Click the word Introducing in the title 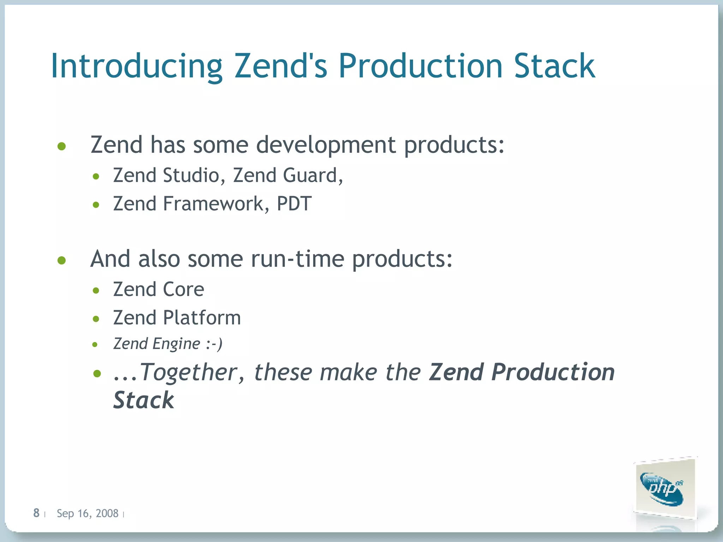[136, 66]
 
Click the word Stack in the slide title [554, 66]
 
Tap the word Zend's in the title [281, 66]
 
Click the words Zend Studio [166, 175]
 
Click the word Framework [213, 204]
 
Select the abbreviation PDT [294, 204]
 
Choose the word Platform [202, 318]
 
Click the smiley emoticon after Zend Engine [214, 344]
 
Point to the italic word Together [189, 372]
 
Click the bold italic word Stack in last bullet [143, 401]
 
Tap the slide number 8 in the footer [36, 513]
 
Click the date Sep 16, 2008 [87, 513]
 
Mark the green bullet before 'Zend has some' [62, 146]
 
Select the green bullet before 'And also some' [62, 260]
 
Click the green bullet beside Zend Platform [96, 319]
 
